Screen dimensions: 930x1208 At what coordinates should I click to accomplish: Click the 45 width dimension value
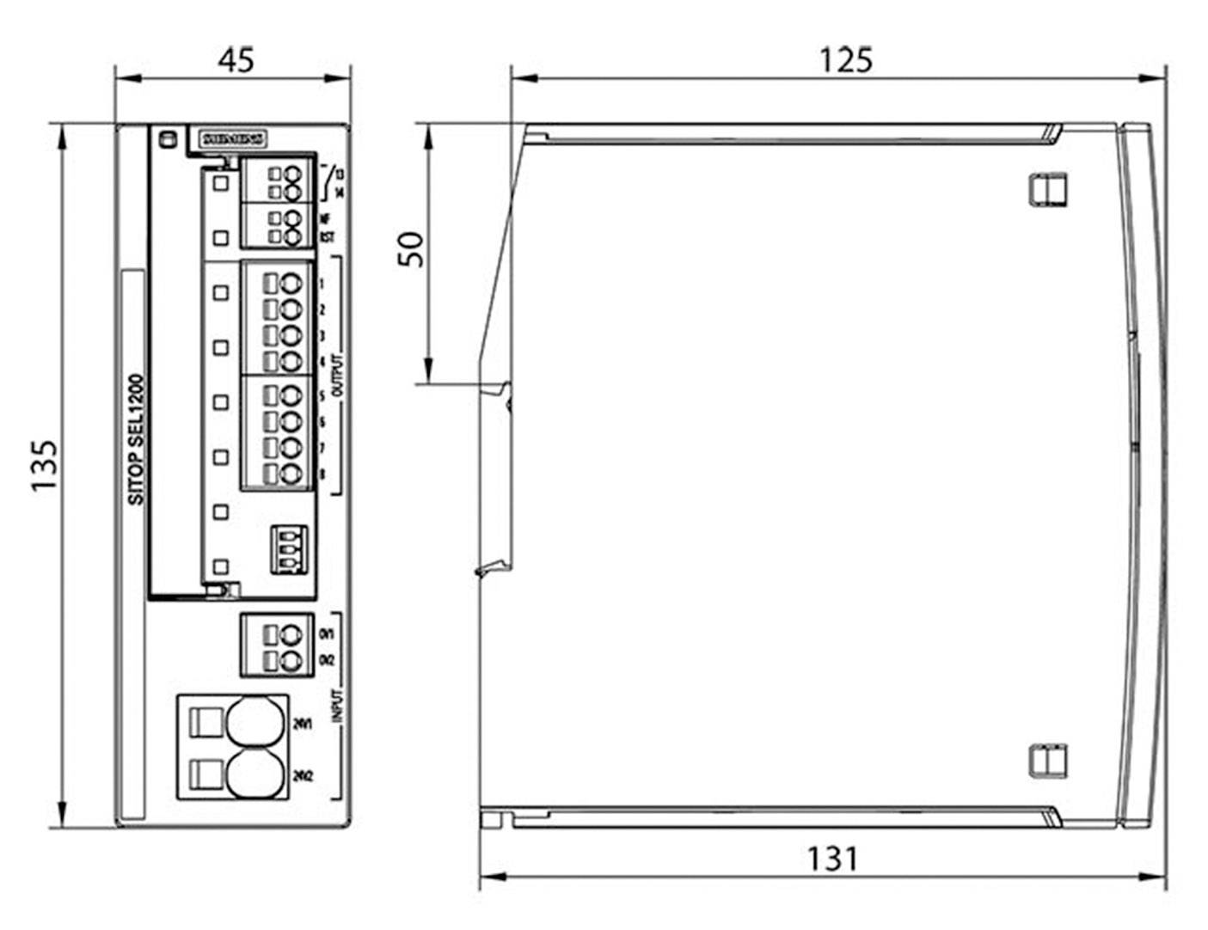(235, 59)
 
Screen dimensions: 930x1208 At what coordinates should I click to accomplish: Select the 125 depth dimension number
(844, 59)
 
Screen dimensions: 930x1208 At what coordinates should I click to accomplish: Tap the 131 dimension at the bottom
(831, 858)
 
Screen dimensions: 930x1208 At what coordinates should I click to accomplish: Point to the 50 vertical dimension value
(412, 249)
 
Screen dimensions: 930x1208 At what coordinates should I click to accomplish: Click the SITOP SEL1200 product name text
(136, 438)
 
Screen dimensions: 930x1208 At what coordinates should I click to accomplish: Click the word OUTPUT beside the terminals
(336, 375)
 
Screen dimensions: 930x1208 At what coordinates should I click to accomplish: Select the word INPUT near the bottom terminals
(337, 705)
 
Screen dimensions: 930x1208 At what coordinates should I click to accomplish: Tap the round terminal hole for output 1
(292, 284)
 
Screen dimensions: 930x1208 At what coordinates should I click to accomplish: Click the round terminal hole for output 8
(292, 474)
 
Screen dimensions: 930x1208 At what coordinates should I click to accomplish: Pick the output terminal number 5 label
(322, 395)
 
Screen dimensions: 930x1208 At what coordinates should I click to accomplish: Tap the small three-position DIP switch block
(288, 549)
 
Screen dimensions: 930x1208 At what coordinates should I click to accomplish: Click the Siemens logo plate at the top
(233, 138)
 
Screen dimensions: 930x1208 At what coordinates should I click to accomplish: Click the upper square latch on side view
(1047, 188)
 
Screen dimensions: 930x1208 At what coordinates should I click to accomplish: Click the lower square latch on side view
(1047, 760)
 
